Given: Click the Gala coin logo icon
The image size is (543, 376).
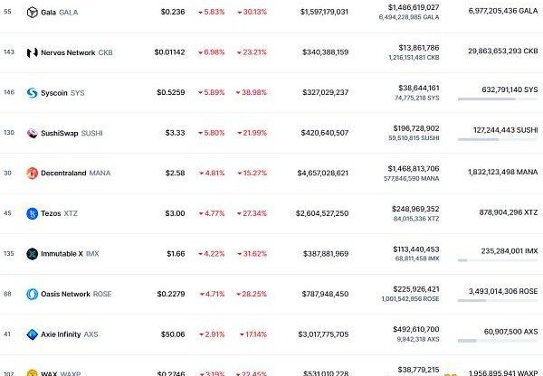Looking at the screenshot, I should click(x=33, y=13).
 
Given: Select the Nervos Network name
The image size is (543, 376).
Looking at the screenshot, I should click(x=67, y=52).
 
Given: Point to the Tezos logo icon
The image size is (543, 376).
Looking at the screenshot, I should click(x=33, y=213).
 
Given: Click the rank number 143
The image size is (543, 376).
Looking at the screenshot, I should click(x=8, y=52).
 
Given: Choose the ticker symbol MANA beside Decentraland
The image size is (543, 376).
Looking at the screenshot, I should click(x=100, y=173).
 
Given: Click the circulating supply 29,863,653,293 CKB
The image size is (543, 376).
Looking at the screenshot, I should click(x=498, y=52).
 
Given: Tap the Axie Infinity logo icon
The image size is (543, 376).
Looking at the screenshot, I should click(x=33, y=334).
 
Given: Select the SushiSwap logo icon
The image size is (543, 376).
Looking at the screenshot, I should click(x=33, y=133).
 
